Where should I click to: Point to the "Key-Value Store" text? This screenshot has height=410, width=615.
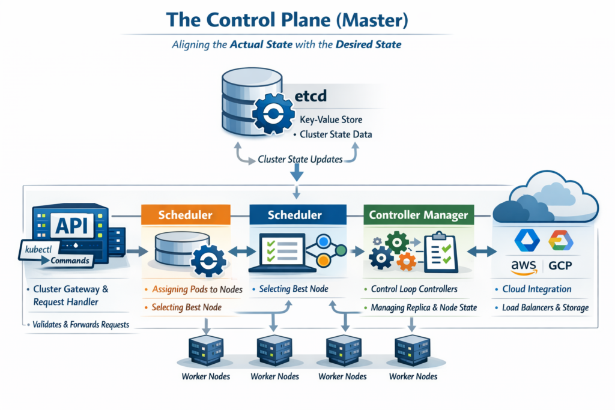tap(330, 119)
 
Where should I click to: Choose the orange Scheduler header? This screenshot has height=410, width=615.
tap(185, 215)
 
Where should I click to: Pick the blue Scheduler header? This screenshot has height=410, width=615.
tap(294, 215)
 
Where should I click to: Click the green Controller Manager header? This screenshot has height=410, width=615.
tap(418, 215)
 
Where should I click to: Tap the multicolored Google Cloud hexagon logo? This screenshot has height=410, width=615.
tap(560, 240)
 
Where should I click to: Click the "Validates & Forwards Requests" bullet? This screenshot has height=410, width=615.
tap(82, 325)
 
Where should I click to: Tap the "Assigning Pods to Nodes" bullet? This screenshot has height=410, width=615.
tap(197, 289)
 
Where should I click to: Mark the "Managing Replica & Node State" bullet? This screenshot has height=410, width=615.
tap(423, 308)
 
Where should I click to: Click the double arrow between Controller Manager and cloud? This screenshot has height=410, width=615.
tap(482, 251)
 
